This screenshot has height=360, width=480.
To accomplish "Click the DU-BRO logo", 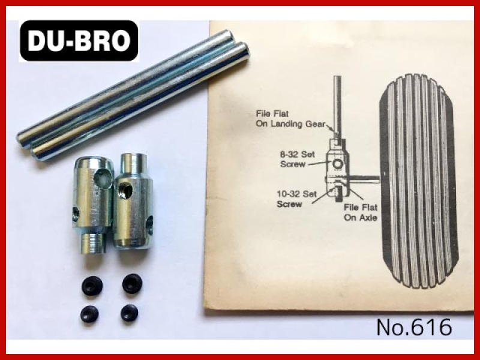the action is point(79,41).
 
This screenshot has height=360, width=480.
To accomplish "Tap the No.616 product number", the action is point(414,327).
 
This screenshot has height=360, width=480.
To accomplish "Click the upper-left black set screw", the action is point(92,286).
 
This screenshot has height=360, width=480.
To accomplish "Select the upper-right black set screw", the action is point(132,284).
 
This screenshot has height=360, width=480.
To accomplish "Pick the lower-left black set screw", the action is point(89,313).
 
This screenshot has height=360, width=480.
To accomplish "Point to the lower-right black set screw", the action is point(129,313).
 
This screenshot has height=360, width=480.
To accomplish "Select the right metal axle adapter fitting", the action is point(133,201).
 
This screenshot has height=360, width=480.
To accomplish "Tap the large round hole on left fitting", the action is point(103,178).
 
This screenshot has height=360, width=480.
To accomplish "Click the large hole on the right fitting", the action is point(125,191).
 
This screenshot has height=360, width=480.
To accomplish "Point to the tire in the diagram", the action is point(419,181).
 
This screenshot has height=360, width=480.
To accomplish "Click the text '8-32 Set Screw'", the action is point(297,159).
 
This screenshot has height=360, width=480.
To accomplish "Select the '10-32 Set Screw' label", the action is point(296,199).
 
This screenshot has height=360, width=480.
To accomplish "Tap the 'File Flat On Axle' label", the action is point(361,212).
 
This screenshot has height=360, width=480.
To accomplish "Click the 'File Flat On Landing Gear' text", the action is point(290,119).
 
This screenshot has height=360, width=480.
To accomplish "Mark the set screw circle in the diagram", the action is point(337,164).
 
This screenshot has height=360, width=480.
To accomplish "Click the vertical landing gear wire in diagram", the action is point(337,107).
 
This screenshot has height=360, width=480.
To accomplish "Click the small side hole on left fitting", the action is point(76,214).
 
